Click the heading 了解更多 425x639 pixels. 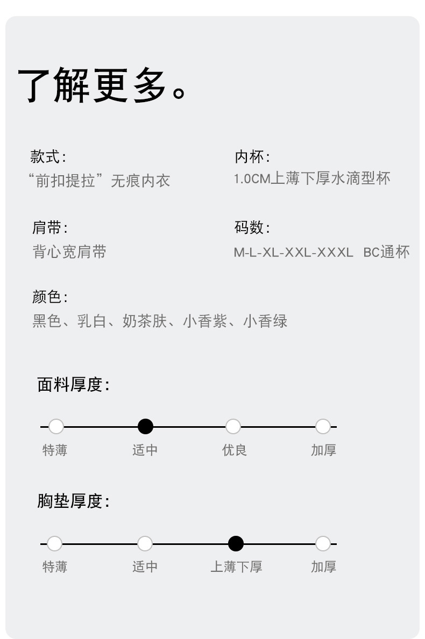point(102,86)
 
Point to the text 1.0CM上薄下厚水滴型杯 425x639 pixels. point(312,178)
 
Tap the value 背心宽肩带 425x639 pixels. point(69,251)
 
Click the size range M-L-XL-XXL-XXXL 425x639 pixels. point(293,252)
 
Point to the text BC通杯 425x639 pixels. point(386,252)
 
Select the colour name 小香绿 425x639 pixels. point(265,321)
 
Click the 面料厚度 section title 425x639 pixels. point(73,385)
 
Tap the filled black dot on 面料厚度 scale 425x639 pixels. point(145,427)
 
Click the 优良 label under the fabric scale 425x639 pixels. point(235,450)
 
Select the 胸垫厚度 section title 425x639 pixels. point(73,501)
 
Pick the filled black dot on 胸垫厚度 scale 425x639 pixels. point(236,544)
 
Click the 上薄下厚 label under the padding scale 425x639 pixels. point(236,566)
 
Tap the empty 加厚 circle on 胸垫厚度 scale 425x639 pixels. point(323,544)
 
